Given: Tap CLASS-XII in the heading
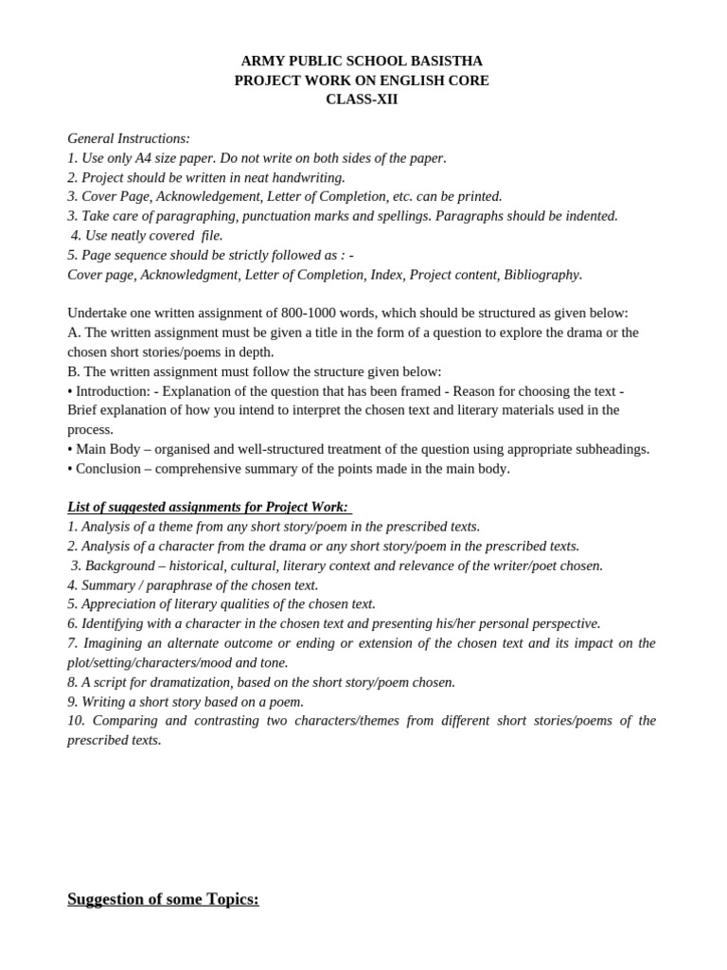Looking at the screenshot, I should click(362, 99).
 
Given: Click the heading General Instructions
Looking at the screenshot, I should click(129, 138).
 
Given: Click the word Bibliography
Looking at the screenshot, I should click(542, 275).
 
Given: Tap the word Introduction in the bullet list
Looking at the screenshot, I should click(111, 390).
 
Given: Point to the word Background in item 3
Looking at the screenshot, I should click(122, 566).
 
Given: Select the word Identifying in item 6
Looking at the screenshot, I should click(117, 623).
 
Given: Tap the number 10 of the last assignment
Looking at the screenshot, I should click(76, 721).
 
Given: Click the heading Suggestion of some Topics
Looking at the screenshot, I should click(163, 899).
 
